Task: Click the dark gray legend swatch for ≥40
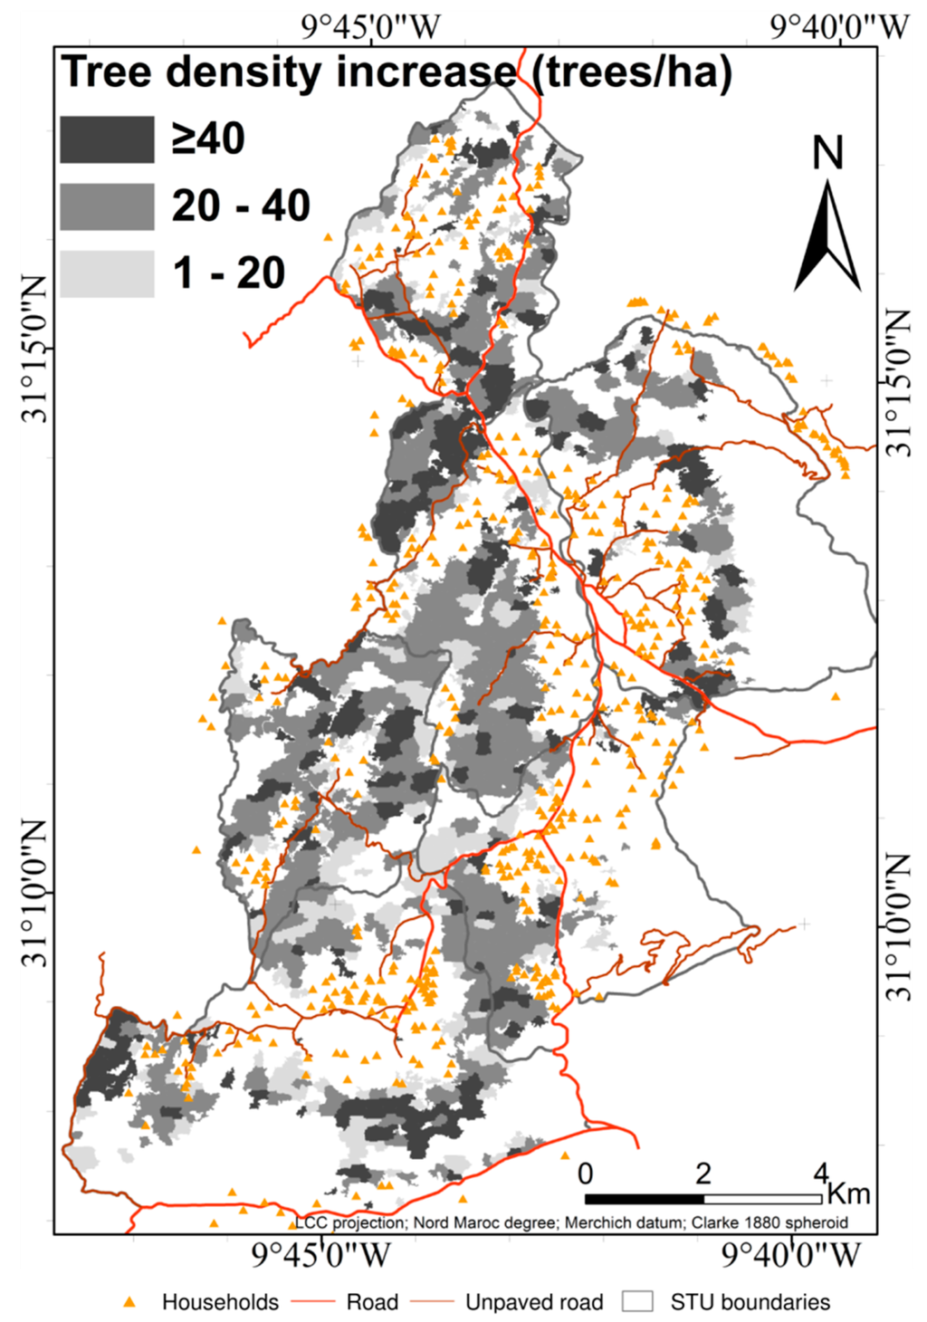[107, 139]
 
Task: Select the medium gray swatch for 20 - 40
[107, 206]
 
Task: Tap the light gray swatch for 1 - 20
[107, 273]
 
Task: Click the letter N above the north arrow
[827, 154]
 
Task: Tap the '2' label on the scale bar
[703, 1174]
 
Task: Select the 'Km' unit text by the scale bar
[848, 1193]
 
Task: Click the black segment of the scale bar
[644, 1199]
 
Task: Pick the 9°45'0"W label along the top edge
[370, 27]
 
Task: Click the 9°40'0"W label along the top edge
[839, 27]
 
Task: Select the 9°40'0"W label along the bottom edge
[792, 1255]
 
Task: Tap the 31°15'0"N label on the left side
[36, 350]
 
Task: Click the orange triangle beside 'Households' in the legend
[130, 1302]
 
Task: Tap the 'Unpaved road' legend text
[534, 1302]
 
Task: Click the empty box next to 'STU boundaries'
[638, 1302]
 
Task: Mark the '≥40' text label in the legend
[208, 139]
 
